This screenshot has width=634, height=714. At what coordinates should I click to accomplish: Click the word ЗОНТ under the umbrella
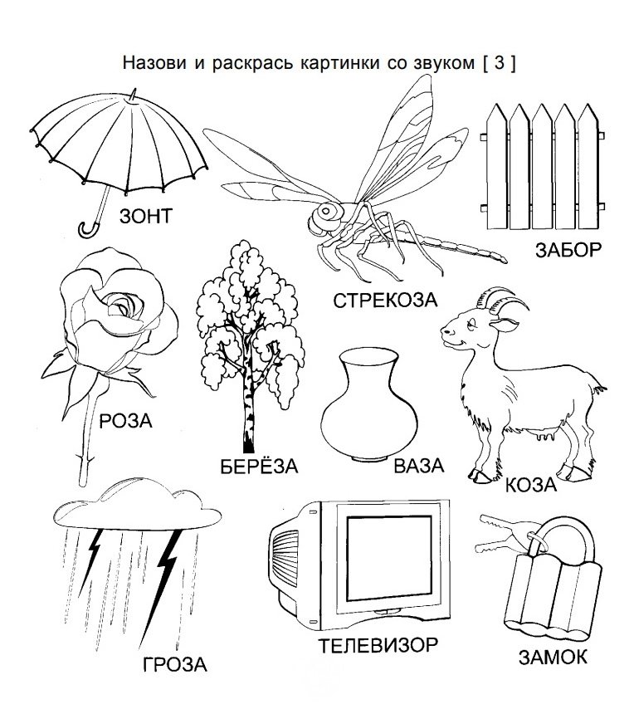(x=146, y=216)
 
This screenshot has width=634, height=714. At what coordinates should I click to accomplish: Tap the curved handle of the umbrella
(x=88, y=230)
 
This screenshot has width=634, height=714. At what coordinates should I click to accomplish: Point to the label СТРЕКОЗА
(x=385, y=300)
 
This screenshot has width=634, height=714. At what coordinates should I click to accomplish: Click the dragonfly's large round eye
(x=326, y=211)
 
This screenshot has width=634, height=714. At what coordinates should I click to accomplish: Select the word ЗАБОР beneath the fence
(x=568, y=250)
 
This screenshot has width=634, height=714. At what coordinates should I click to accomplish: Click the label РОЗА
(x=125, y=421)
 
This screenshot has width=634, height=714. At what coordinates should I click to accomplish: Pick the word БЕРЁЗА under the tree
(x=259, y=466)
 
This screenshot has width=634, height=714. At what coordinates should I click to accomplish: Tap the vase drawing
(x=368, y=404)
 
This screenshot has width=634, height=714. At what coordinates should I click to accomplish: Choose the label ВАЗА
(x=418, y=466)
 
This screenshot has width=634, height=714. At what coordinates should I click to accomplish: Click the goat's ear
(x=505, y=325)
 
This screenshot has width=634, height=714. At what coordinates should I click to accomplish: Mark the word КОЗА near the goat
(x=531, y=485)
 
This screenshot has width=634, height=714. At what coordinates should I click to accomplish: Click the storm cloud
(x=138, y=505)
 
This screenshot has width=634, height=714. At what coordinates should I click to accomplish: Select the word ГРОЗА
(x=175, y=665)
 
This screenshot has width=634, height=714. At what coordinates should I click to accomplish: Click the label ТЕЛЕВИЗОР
(x=378, y=646)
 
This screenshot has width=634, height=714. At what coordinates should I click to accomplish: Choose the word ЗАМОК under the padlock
(x=553, y=657)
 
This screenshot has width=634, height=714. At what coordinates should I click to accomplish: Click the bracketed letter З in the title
(x=499, y=62)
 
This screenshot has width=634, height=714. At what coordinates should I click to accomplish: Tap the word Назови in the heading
(x=154, y=63)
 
